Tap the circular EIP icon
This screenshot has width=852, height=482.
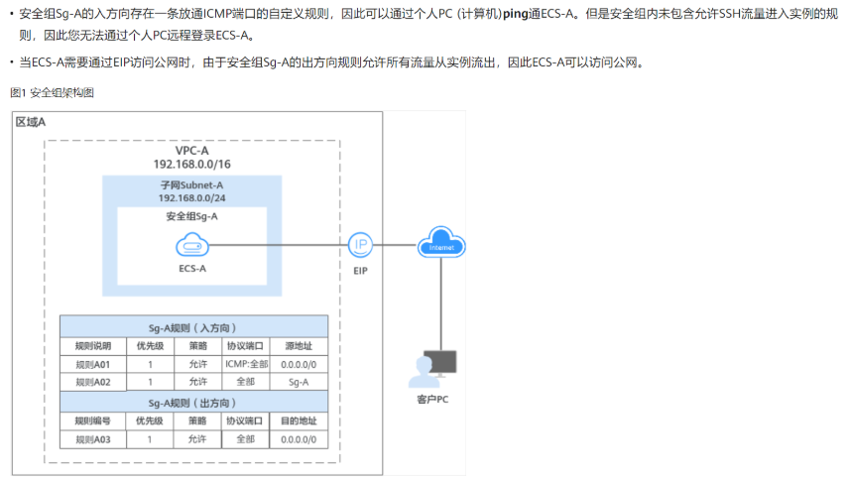(x=360, y=245)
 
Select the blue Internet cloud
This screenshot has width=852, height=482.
(x=441, y=243)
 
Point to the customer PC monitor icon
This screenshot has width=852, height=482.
(x=440, y=367)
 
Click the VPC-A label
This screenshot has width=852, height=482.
(x=191, y=150)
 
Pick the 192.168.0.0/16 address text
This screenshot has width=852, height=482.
(x=191, y=164)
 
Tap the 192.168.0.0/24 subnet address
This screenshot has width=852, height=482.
(x=191, y=198)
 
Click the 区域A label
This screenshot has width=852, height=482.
(x=31, y=121)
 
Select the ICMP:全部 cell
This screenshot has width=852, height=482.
(x=245, y=364)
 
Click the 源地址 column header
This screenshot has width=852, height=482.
(x=298, y=346)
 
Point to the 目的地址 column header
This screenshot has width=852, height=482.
(x=298, y=421)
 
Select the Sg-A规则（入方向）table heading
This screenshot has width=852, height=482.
(x=192, y=326)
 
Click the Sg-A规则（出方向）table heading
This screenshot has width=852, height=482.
(x=192, y=402)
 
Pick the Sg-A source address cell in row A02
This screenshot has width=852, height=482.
(x=298, y=381)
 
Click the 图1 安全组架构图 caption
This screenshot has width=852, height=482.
(x=52, y=92)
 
